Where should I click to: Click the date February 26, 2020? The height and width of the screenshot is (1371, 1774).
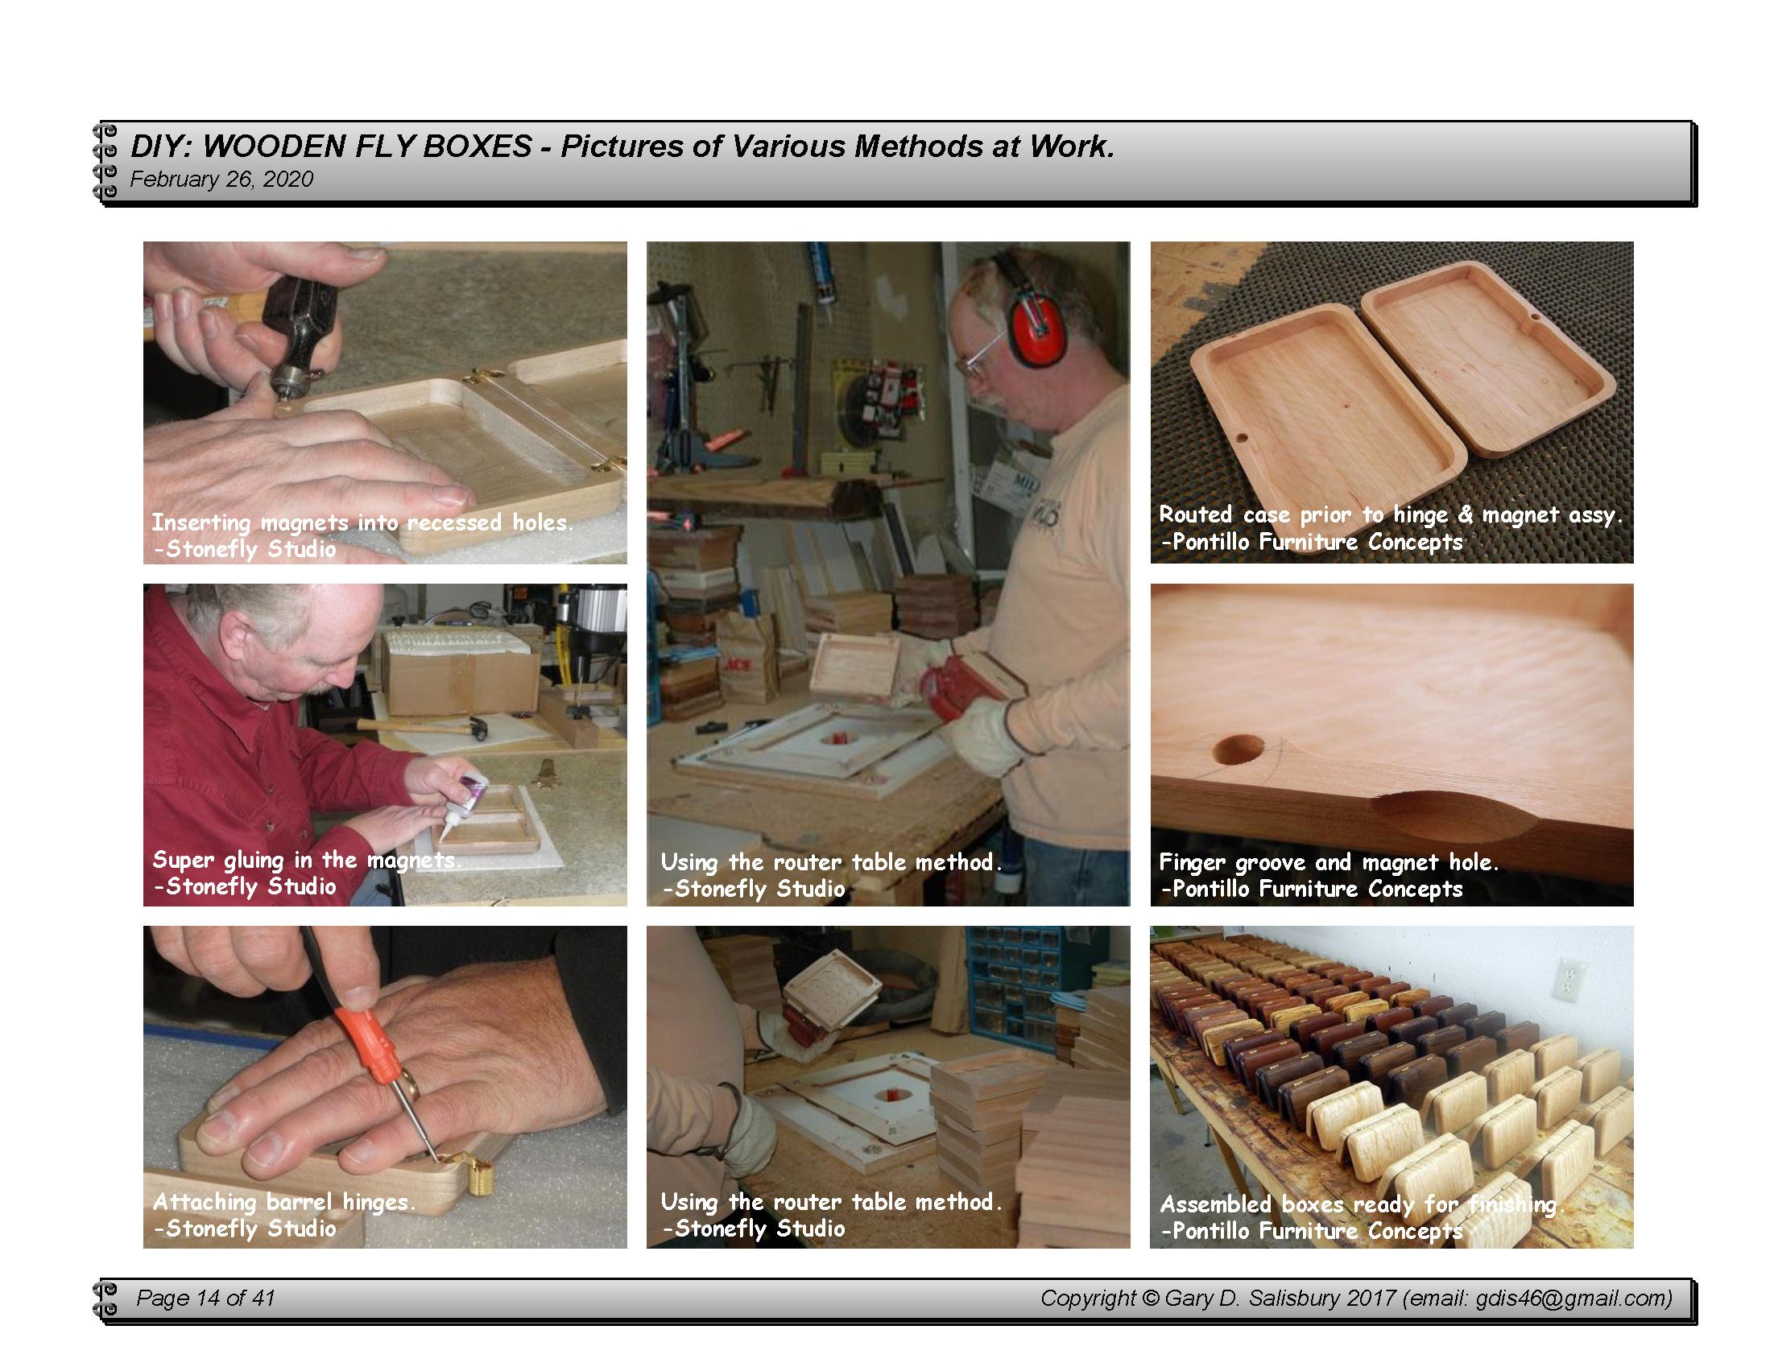[x=221, y=180]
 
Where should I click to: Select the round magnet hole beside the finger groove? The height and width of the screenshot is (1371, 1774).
[x=1239, y=750]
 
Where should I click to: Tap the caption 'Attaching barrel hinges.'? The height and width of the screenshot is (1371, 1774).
[x=284, y=1201]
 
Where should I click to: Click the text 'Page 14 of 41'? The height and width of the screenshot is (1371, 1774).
[x=205, y=1298]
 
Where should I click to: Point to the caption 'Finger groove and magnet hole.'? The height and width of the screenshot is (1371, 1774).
[x=1329, y=861]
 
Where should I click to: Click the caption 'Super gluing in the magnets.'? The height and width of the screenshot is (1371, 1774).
[x=306, y=859]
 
